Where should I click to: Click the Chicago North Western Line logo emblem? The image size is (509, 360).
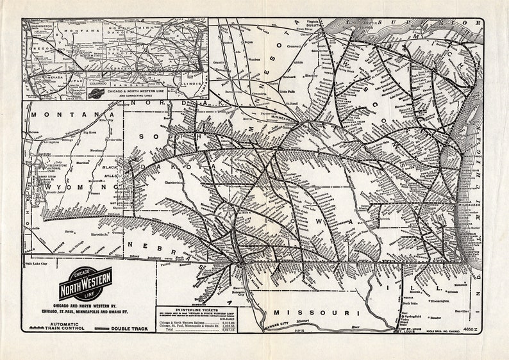pyautogui.click(x=85, y=283)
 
